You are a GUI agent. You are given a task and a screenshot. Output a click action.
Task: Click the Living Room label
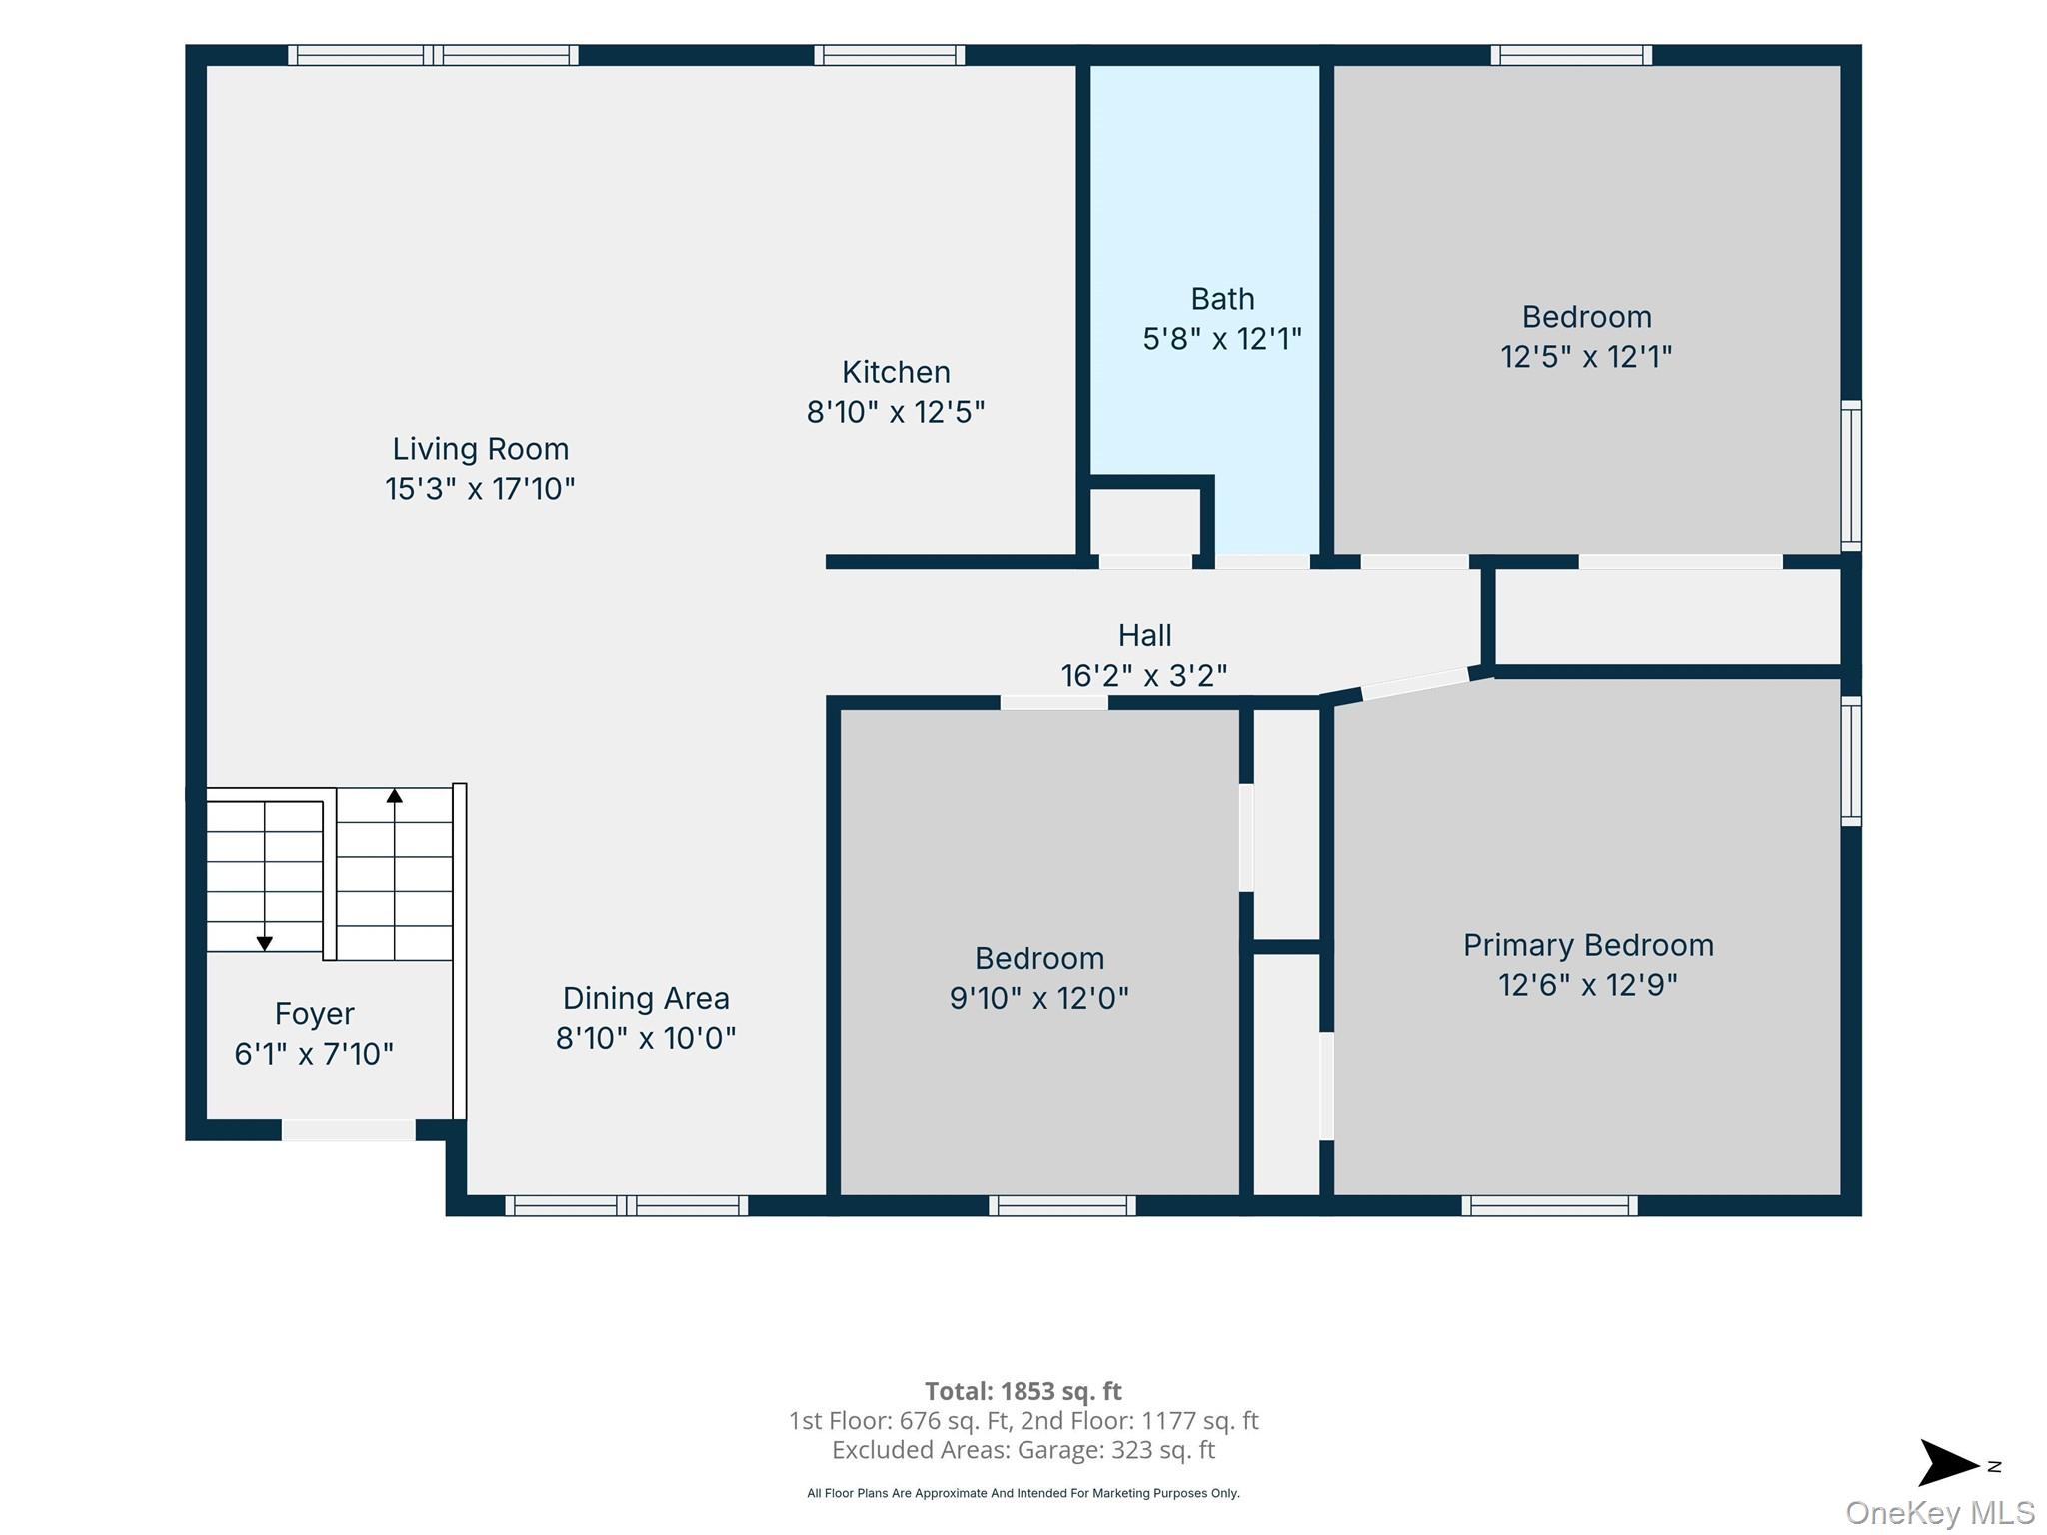coord(480,449)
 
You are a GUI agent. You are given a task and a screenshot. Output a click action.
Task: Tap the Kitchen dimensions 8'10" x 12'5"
coord(896,412)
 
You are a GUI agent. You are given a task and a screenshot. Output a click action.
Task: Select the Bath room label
coord(1222,299)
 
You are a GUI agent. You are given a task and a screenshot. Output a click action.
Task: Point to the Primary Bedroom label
coord(1588,945)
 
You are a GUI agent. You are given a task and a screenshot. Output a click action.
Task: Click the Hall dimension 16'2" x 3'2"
coord(1144,676)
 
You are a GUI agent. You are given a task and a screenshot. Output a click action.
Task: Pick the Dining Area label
coord(646,998)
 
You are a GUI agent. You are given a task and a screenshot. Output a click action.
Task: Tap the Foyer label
coord(314,1014)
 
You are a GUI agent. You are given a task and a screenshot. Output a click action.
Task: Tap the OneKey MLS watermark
coord(1940,1513)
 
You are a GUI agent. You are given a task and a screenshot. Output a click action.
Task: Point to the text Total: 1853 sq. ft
coord(1023,1391)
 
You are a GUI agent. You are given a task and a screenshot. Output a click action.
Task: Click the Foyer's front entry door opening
coord(348,1130)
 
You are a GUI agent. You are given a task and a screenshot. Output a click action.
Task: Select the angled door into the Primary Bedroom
coord(1415,683)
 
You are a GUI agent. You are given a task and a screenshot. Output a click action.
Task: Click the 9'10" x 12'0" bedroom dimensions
coord(1039,998)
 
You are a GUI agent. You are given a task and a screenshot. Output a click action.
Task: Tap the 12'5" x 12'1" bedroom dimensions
coord(1586,357)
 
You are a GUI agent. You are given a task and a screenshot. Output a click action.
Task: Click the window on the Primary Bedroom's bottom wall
coord(1549,1205)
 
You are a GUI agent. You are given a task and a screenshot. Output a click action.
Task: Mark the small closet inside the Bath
coord(1145,521)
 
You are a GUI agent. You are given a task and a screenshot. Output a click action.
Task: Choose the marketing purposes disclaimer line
coord(1023,1493)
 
